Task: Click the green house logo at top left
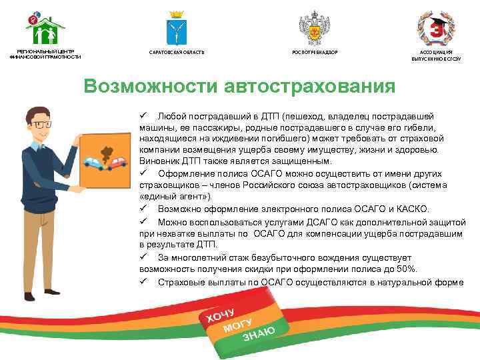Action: point(45,27)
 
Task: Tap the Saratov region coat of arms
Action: point(177,28)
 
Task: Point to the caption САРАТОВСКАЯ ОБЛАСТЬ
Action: point(177,52)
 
